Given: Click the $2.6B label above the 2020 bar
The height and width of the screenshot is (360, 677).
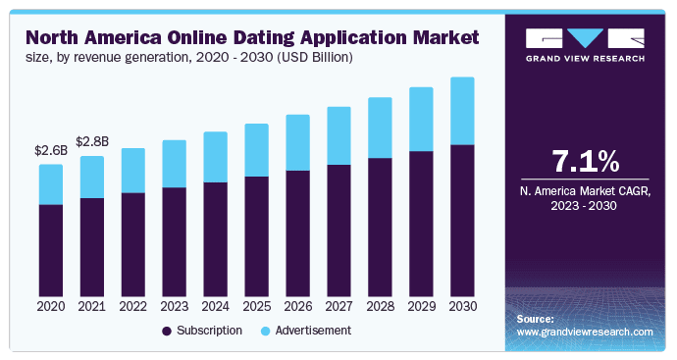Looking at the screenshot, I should [x=51, y=151].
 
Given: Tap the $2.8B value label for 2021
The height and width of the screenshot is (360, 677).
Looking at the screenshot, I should [x=92, y=143].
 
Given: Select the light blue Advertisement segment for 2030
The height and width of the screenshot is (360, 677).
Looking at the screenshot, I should [x=455, y=111].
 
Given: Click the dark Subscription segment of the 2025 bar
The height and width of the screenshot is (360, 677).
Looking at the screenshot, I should [x=256, y=236].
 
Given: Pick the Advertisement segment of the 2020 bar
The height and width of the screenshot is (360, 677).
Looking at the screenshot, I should [x=51, y=184].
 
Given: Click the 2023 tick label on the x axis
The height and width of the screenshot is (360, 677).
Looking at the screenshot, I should [x=174, y=307].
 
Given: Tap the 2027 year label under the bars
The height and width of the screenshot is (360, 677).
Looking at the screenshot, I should [x=338, y=307].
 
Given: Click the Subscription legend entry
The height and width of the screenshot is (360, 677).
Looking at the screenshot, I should [x=202, y=332].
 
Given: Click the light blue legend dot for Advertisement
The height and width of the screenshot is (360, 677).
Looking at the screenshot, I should [x=266, y=332].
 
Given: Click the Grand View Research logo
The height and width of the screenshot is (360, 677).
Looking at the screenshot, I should [x=587, y=44].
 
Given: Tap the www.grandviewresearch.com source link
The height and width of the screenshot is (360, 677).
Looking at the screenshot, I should [x=585, y=333].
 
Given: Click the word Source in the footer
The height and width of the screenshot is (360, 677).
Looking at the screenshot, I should [x=535, y=320].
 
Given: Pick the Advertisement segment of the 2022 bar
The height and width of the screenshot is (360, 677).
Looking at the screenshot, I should [x=132, y=171].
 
